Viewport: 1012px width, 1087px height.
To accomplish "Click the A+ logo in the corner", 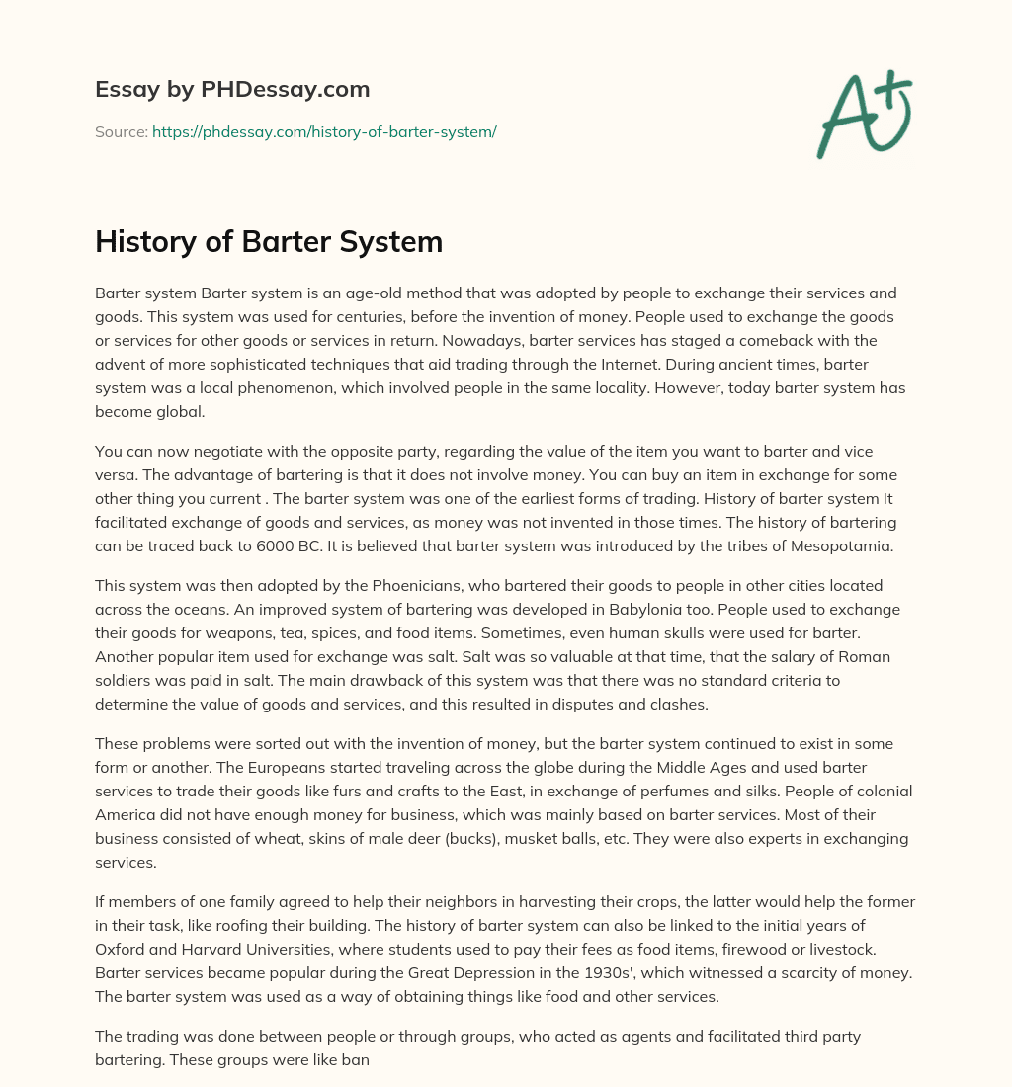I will click(863, 115).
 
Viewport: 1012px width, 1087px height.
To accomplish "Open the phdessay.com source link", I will click(324, 131).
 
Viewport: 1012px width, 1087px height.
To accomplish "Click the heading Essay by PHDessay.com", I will click(232, 90).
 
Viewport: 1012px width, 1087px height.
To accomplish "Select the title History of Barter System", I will click(269, 242).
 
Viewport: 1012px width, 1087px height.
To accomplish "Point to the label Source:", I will click(121, 131).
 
